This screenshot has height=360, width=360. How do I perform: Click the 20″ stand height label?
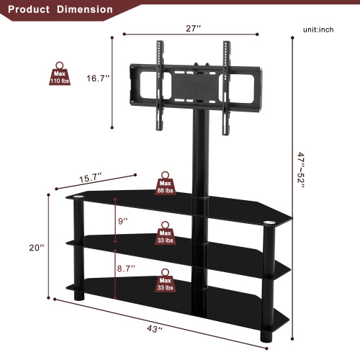pyautogui.click(x=36, y=247)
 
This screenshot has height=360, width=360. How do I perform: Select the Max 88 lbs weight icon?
pyautogui.click(x=166, y=184)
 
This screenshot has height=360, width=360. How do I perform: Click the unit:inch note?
pyautogui.click(x=318, y=30)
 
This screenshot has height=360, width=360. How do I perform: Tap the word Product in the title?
pyautogui.click(x=29, y=9)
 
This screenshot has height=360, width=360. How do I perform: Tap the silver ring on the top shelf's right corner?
pyautogui.click(x=271, y=222)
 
